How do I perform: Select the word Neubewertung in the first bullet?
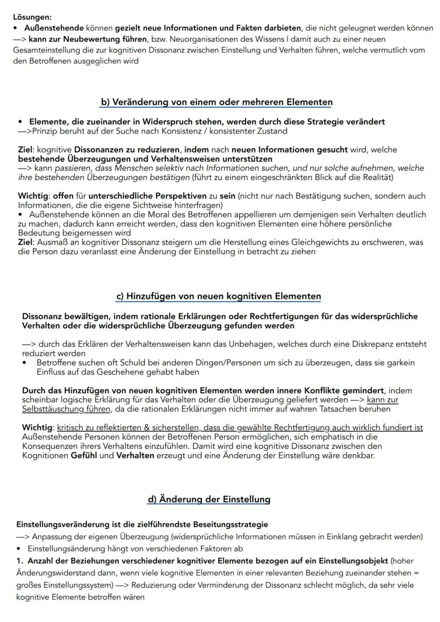pos(86,39)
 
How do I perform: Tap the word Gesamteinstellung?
pos(47,50)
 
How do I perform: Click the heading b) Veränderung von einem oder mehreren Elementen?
pos(217,102)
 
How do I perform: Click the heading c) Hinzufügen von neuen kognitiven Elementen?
pos(218,296)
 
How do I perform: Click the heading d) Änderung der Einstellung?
pos(209,499)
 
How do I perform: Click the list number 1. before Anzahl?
pos(20,561)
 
